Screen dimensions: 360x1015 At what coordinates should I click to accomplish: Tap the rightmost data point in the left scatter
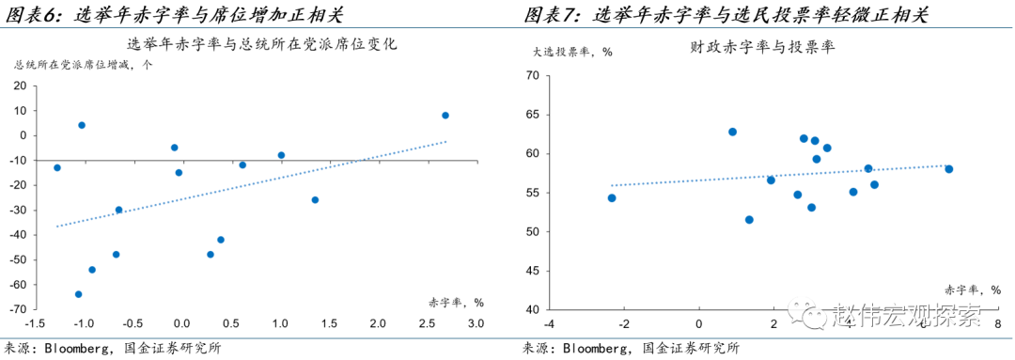pos(445,116)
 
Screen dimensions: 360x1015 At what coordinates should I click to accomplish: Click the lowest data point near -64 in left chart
pos(79,294)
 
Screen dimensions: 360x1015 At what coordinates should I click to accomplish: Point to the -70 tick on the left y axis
pos(16,309)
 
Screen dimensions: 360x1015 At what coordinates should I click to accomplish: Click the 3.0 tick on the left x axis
pos(476,324)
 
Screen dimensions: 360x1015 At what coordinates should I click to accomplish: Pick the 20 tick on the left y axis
pos(20,86)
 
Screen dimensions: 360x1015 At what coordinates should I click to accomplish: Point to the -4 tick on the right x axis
pos(548,324)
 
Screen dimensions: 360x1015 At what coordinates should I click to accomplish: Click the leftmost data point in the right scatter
pos(612,197)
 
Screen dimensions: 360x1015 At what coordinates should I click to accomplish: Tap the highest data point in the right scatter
pos(732,132)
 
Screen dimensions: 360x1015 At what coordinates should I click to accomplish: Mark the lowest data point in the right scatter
pos(749,220)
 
